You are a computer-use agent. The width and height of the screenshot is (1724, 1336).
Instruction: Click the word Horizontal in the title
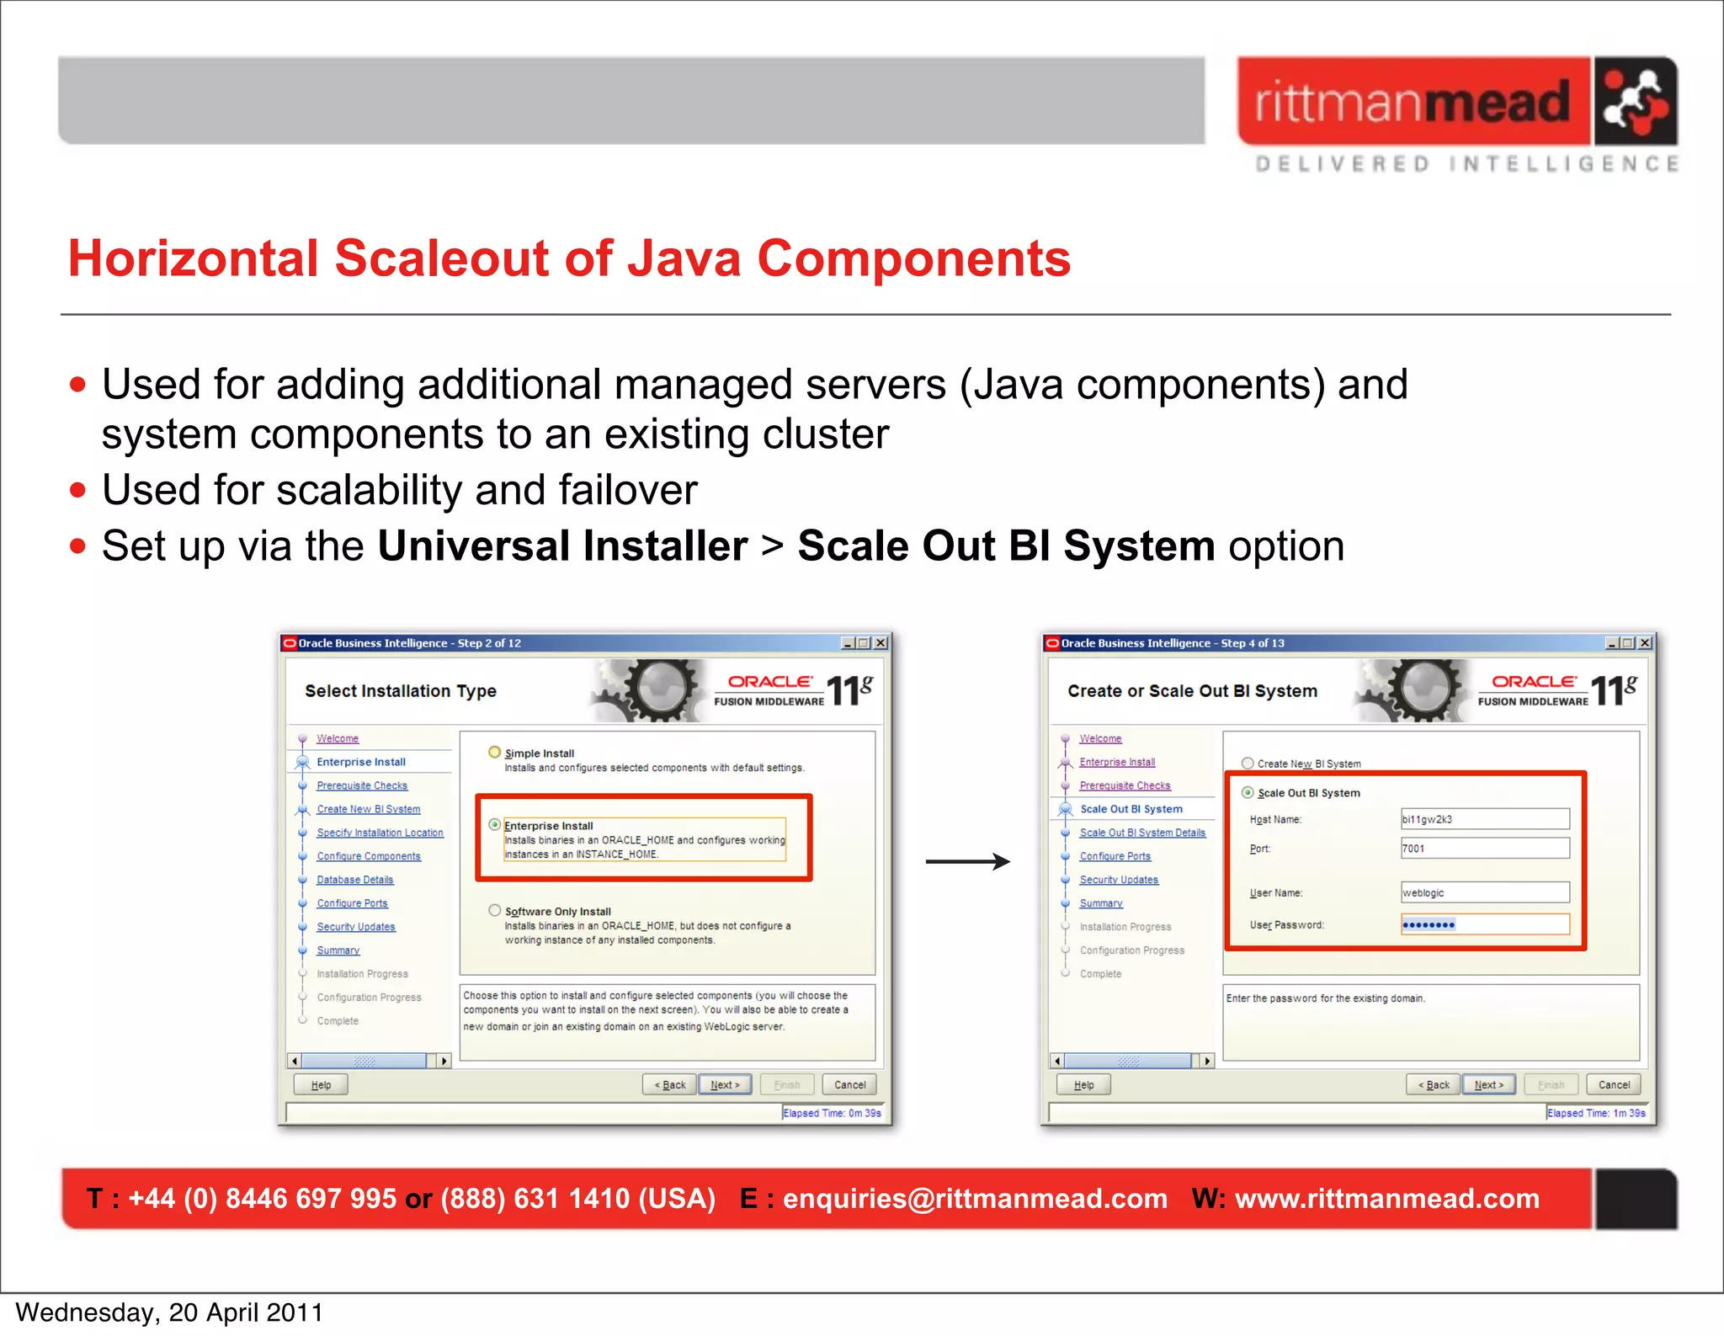tap(193, 258)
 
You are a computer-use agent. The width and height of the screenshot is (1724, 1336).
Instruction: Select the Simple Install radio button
tap(495, 752)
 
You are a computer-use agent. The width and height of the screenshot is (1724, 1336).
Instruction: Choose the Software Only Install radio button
tap(495, 910)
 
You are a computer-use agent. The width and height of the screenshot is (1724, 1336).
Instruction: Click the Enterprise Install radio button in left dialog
tap(495, 825)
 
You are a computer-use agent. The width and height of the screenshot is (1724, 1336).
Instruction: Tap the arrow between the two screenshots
tap(967, 861)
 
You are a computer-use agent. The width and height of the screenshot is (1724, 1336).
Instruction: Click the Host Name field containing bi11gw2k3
tap(1484, 819)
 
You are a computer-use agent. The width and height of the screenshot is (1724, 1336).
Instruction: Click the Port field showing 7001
tap(1484, 849)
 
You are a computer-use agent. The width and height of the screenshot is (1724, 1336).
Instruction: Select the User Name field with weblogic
tap(1484, 892)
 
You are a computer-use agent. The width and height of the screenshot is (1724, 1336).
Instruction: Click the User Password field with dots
tap(1484, 924)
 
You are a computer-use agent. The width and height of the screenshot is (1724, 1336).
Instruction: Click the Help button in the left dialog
tap(321, 1084)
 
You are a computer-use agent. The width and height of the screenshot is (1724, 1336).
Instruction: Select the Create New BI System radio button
tap(1248, 764)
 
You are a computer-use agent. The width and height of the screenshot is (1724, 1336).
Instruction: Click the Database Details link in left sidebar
tap(354, 880)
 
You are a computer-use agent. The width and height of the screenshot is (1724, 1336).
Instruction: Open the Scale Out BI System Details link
tap(1142, 833)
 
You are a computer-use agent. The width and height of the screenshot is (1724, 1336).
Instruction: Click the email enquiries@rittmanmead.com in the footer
tap(975, 1198)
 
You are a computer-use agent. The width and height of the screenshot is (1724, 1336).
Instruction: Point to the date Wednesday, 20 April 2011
tap(169, 1312)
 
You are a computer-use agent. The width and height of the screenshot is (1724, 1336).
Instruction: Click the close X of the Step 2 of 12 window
tap(881, 643)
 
